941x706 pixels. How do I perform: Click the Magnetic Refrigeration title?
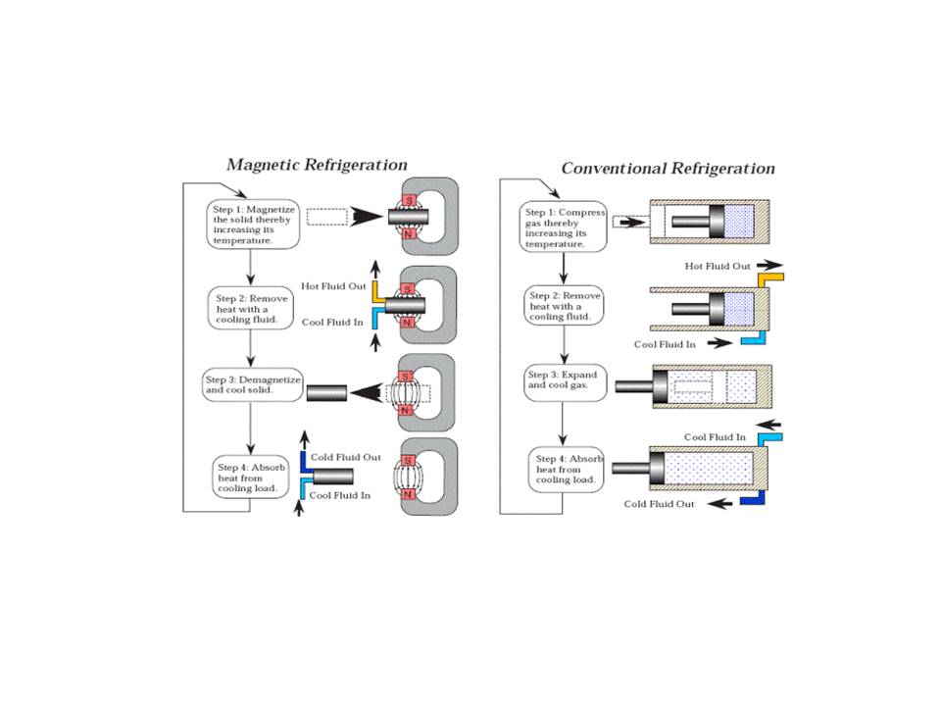tap(317, 165)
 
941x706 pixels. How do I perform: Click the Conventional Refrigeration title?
tap(668, 169)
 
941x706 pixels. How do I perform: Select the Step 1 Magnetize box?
tap(249, 225)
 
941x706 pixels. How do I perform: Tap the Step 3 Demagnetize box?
tap(253, 383)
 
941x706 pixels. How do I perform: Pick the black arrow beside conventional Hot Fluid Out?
tap(769, 265)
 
